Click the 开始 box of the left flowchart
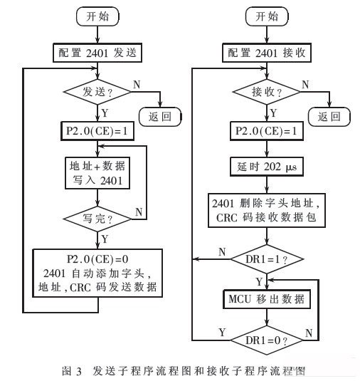(x=97, y=16)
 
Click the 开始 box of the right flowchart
(x=267, y=16)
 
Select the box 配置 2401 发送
(x=97, y=53)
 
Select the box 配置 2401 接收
(x=267, y=53)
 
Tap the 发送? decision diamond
(x=97, y=92)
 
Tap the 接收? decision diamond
(x=267, y=92)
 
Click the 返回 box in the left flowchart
(x=160, y=117)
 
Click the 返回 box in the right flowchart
(x=329, y=117)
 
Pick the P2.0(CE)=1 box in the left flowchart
(x=97, y=131)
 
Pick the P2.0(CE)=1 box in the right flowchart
(x=267, y=131)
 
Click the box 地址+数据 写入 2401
(x=97, y=173)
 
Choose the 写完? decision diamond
(x=97, y=219)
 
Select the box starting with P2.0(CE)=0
(x=97, y=273)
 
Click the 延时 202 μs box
(x=267, y=167)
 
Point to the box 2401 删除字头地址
(x=267, y=210)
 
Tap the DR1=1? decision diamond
(x=267, y=259)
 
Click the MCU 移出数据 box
(x=267, y=299)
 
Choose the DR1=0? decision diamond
(x=267, y=340)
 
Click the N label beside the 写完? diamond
(x=139, y=212)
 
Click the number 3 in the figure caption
(x=79, y=372)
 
